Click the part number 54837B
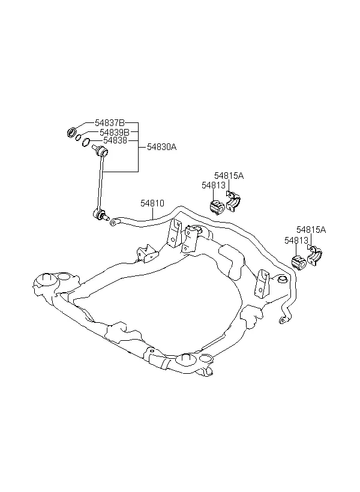(110, 122)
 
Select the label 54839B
(114, 132)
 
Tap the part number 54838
(115, 140)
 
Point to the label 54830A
(161, 147)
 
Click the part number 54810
(152, 203)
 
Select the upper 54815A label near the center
(229, 176)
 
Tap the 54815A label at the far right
(311, 230)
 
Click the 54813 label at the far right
(296, 241)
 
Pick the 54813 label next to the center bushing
(214, 185)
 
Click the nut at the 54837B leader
(72, 132)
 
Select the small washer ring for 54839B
(79, 137)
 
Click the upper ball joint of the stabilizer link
(103, 152)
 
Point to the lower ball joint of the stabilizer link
(100, 215)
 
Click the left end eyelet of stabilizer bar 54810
(113, 223)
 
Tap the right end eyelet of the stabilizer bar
(283, 320)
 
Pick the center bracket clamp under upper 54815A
(233, 202)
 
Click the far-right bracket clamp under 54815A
(314, 256)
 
